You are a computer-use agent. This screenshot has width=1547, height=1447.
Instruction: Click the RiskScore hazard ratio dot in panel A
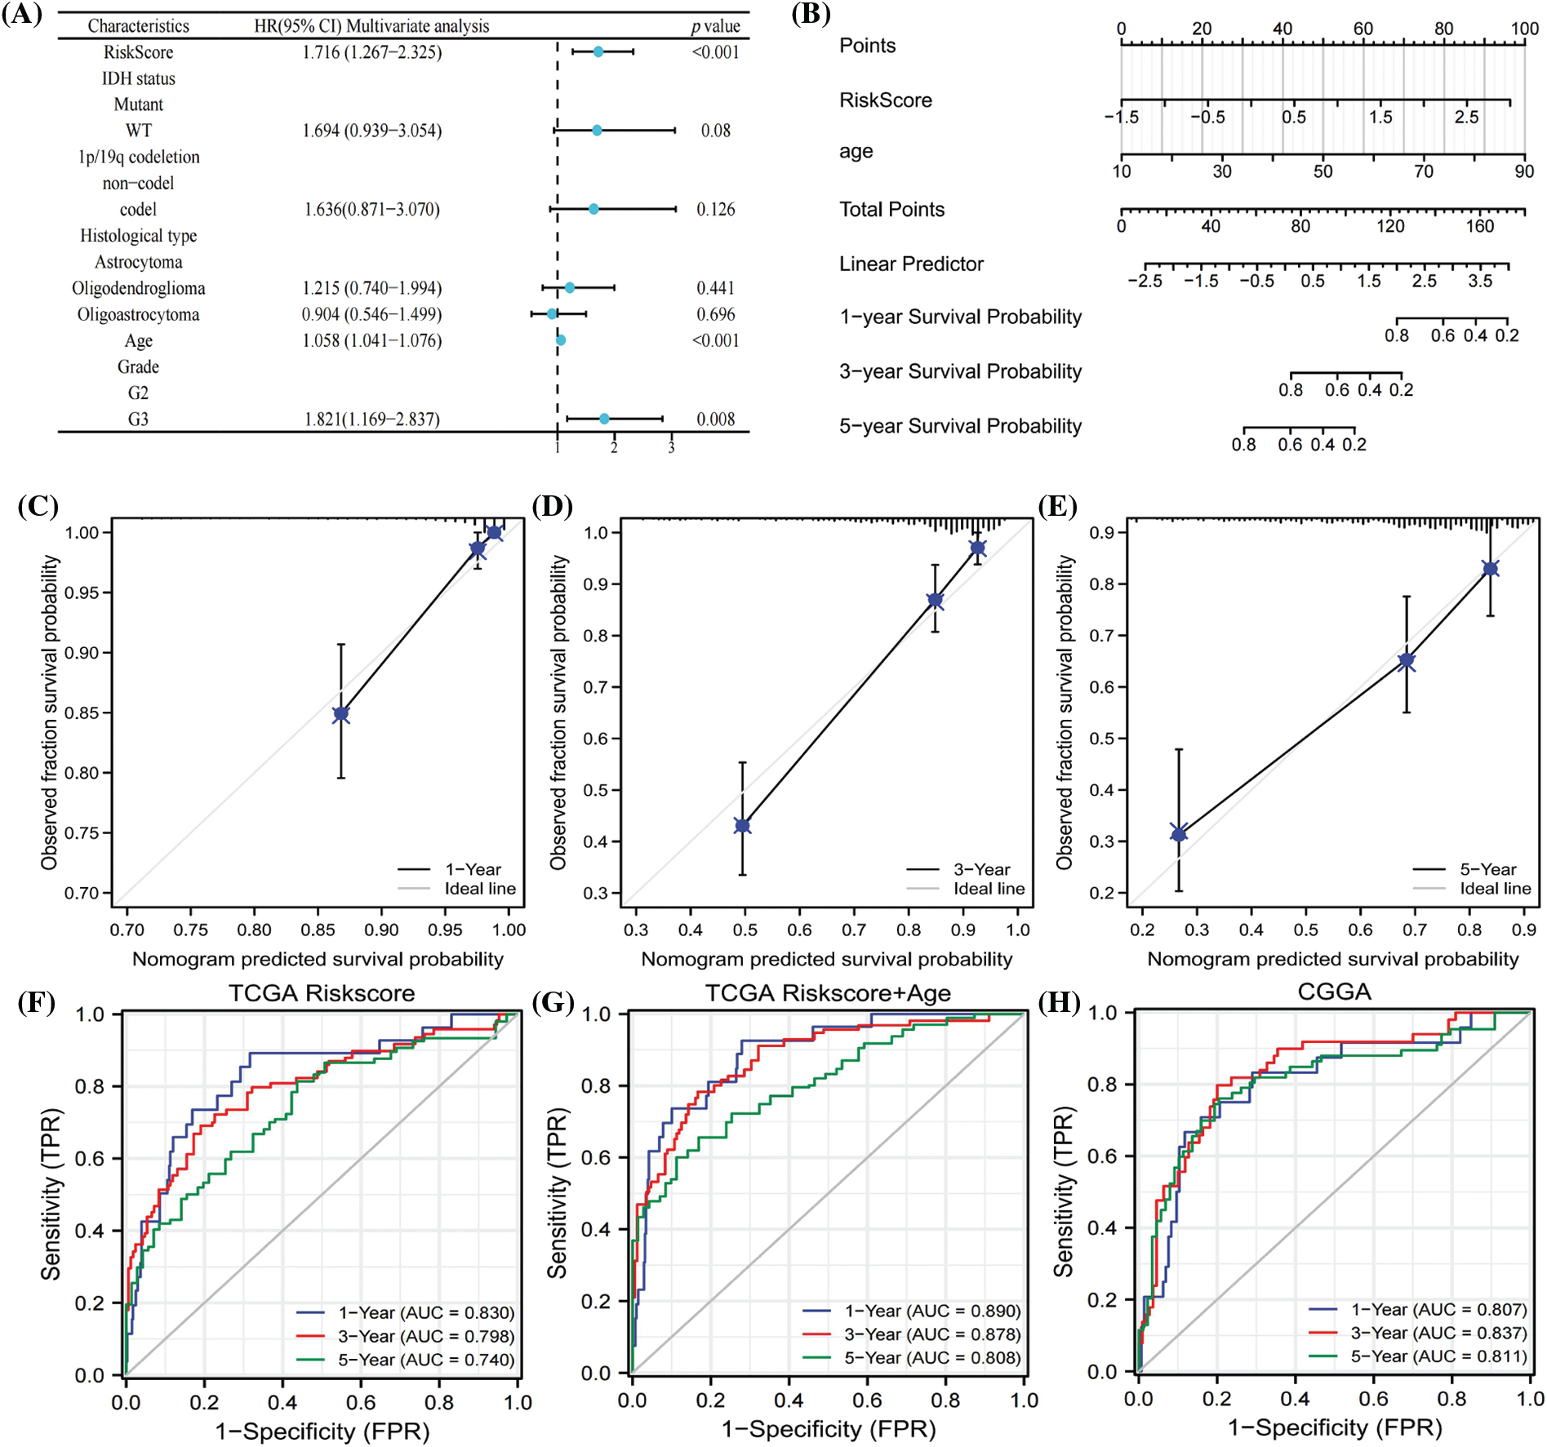pos(598,52)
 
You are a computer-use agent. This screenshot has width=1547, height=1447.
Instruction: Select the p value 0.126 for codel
pos(715,210)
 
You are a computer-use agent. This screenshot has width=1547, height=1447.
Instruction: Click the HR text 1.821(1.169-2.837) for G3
pos(371,419)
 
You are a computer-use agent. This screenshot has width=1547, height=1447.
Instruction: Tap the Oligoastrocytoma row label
pos(138,315)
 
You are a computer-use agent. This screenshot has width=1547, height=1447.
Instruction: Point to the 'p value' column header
pos(715,26)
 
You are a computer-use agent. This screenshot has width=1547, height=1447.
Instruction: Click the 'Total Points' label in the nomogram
pos(891,210)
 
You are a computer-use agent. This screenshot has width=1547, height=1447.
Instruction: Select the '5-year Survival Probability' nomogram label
pos(960,426)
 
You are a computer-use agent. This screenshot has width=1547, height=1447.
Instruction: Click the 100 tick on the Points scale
pos(1523,29)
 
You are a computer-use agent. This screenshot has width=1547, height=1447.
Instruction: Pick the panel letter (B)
pos(811,15)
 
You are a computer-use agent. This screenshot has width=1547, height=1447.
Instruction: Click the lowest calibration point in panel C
pos(341,714)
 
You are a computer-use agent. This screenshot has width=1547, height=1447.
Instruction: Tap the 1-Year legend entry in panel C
pos(472,869)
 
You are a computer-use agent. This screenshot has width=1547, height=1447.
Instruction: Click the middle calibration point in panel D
pos(936,600)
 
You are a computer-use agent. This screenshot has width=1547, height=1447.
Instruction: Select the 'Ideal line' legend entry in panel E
pos(1495,889)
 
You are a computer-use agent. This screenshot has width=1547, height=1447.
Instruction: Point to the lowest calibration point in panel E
pos(1179,833)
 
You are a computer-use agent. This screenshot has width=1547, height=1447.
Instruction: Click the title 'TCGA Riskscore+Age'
pos(828,993)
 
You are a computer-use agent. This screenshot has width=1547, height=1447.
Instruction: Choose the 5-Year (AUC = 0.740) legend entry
pos(425,1360)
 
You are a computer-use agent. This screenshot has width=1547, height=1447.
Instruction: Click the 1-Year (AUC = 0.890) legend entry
pos(931,1311)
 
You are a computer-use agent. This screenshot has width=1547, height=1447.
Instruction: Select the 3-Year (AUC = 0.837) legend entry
pos(1438,1333)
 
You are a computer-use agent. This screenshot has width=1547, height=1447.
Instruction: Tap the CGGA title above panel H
pos(1334,992)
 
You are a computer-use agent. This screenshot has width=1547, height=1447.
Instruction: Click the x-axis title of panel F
pos(322,1431)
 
